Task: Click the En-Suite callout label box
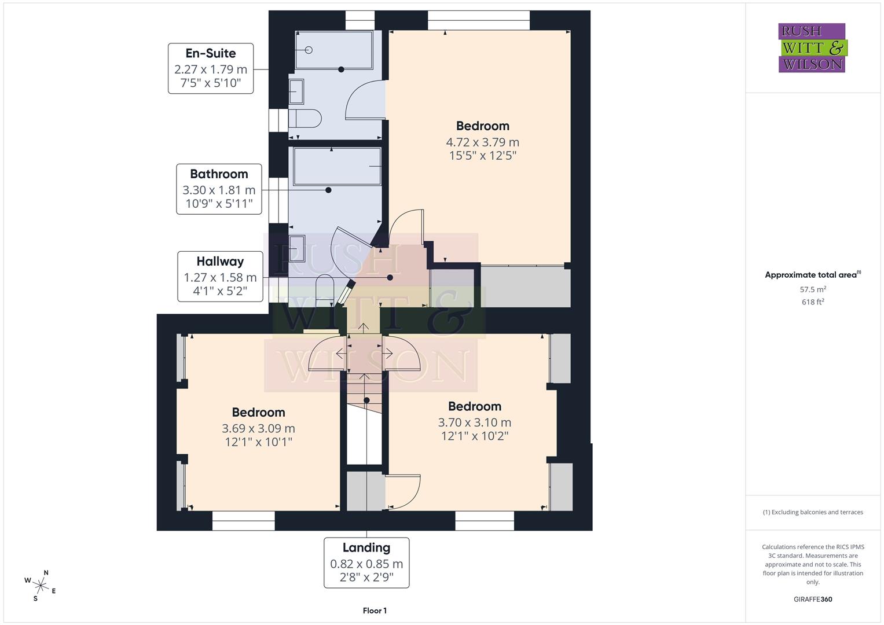(211, 68)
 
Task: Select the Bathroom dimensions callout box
(219, 189)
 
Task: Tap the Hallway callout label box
(220, 277)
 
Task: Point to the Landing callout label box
(366, 563)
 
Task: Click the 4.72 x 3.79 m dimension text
(482, 142)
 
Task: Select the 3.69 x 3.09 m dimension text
(258, 429)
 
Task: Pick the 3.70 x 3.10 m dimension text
(474, 423)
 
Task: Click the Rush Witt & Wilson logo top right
(812, 48)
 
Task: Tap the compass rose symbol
(40, 585)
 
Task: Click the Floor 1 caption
(375, 611)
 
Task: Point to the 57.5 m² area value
(813, 289)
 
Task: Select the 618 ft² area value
(813, 302)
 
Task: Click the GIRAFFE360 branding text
(813, 600)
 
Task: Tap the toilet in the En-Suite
(305, 119)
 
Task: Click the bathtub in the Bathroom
(337, 166)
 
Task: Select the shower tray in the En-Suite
(333, 50)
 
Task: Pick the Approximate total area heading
(813, 275)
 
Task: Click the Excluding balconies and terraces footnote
(813, 512)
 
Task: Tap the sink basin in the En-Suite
(296, 91)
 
